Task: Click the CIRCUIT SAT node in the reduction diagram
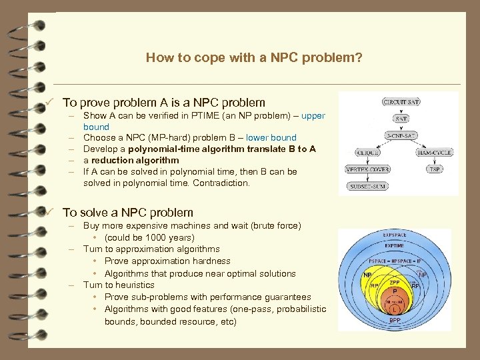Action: [401, 102]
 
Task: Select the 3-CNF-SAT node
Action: [401, 135]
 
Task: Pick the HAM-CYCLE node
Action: [434, 152]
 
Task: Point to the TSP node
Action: [434, 169]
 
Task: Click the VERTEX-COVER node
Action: [367, 169]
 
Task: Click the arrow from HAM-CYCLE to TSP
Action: [434, 161]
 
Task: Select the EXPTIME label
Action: [395, 246]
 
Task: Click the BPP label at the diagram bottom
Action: [395, 321]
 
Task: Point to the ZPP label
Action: [394, 282]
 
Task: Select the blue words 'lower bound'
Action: [271, 138]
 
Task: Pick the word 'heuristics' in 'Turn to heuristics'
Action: [131, 285]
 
